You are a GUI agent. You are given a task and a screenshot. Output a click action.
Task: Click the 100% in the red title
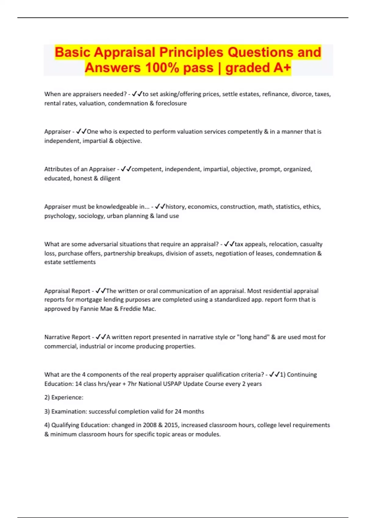162,68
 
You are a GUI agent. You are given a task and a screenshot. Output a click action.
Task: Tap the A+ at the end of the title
282,68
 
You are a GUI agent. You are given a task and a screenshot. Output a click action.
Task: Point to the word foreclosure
171,103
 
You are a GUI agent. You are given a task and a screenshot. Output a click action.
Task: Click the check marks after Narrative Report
101,337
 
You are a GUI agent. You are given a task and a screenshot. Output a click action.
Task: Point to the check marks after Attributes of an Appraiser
126,169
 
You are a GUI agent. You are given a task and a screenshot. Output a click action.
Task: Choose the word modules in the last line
209,434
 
